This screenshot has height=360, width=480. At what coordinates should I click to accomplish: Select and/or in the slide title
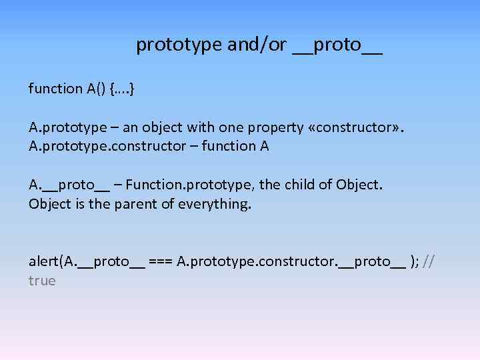pyautogui.click(x=257, y=45)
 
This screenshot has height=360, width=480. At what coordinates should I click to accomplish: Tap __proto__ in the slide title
pyautogui.click(x=337, y=45)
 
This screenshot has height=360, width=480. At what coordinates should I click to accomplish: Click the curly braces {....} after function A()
pyautogui.click(x=123, y=89)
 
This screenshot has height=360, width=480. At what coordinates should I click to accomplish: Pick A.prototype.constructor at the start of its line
pyautogui.click(x=104, y=146)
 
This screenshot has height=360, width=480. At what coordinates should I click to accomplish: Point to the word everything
pyautogui.click(x=215, y=204)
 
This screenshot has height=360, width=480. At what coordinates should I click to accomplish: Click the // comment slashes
pyautogui.click(x=429, y=261)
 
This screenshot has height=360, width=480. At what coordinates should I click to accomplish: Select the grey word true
pyautogui.click(x=42, y=281)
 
